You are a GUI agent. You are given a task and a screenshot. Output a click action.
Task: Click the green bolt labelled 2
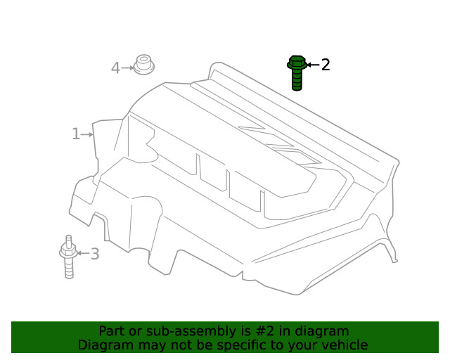tap(297, 72)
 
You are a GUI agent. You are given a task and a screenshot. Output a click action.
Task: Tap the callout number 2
tap(326, 65)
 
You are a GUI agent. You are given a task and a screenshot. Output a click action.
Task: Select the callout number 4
tap(115, 68)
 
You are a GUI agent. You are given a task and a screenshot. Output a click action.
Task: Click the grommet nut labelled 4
tap(144, 65)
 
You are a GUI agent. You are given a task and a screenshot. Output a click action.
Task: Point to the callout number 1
tap(75, 134)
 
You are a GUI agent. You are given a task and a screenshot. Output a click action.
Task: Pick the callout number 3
tap(95, 254)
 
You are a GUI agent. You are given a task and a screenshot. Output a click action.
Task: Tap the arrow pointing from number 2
tap(312, 65)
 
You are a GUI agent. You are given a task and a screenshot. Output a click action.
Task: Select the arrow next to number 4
tap(127, 68)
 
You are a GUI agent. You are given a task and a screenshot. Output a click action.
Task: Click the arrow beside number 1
tap(87, 134)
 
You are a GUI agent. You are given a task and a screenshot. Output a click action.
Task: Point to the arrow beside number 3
tap(82, 253)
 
